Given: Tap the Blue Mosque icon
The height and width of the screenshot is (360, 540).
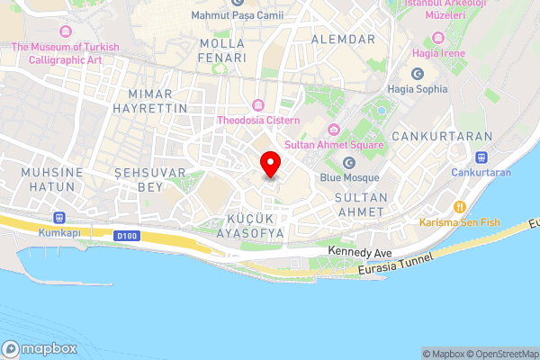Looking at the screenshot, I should (348, 163).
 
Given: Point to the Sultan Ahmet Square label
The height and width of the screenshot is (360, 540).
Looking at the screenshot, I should (334, 144).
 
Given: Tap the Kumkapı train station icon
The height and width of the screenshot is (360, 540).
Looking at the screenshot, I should (60, 217).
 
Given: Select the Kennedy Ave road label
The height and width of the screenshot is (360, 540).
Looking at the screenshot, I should (360, 251).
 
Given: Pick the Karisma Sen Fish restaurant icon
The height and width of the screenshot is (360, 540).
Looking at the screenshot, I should (460, 207).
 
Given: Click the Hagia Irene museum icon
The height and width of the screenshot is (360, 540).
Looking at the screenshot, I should (437, 38).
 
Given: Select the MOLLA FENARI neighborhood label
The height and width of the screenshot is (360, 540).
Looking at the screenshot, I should (223, 50).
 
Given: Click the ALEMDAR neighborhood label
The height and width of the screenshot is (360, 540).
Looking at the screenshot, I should (341, 40).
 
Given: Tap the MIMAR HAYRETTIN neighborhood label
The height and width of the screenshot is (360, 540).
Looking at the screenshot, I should (150, 100).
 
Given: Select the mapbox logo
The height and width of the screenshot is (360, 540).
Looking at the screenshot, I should (40, 349).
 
